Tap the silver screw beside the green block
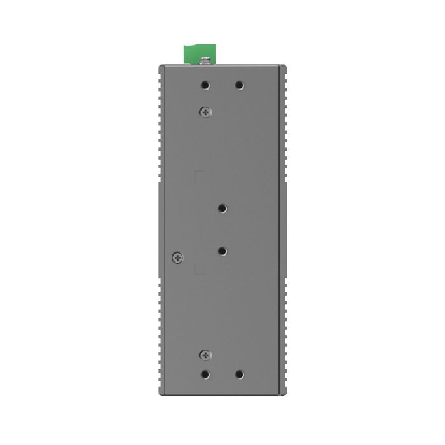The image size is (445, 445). pos(205,61)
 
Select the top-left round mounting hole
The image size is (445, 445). pos(205,85)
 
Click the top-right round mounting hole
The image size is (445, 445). pos(240,85)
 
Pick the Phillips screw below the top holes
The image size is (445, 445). pos(205,111)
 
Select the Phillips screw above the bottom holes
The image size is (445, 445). pos(205,355)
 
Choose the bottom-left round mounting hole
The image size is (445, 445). pos(205,375)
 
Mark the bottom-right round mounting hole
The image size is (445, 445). pos(240,375)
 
